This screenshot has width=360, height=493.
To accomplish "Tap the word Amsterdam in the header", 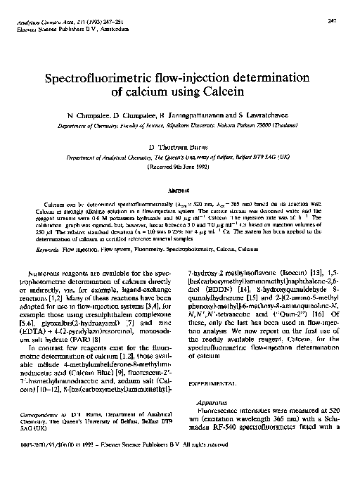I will (x=111, y=31).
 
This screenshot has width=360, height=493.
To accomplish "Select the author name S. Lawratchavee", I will (x=250, y=114).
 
